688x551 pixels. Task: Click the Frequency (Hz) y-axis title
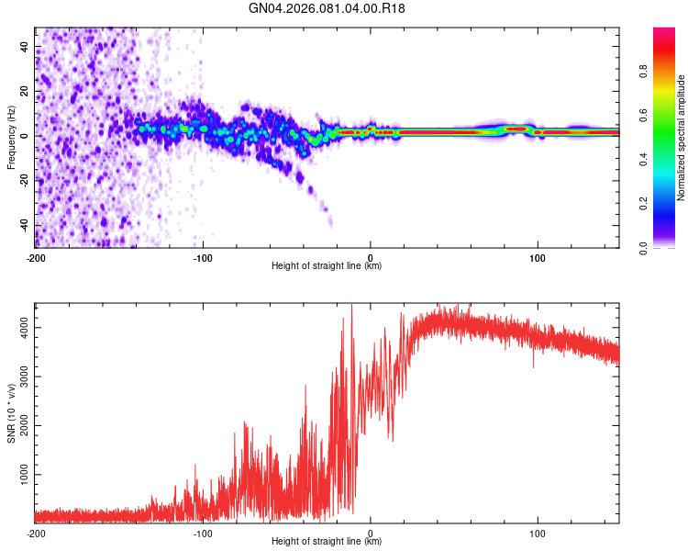click(11, 138)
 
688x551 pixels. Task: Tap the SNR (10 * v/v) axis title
click(11, 412)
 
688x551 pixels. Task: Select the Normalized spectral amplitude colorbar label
click(682, 138)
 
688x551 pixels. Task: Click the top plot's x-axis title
click(327, 266)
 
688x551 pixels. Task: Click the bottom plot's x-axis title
click(327, 542)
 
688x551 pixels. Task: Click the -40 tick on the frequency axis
click(25, 225)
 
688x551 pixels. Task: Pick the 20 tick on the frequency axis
click(25, 91)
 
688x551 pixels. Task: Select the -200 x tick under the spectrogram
click(35, 256)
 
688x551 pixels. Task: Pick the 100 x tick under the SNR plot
click(538, 532)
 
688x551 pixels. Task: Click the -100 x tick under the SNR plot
click(203, 532)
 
